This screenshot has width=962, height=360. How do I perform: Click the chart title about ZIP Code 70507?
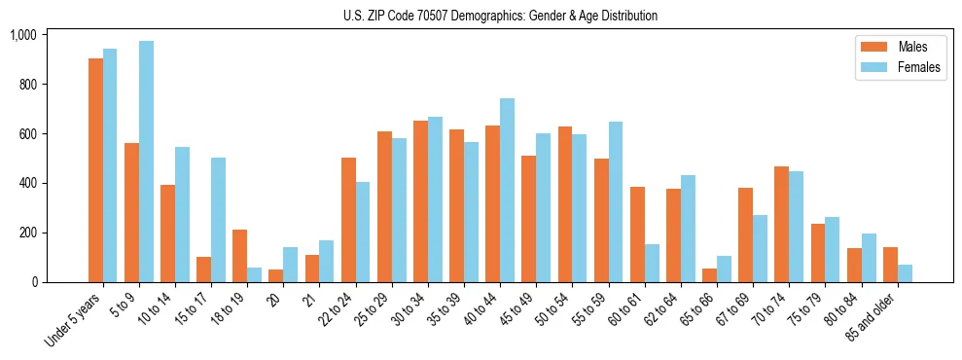click(500, 16)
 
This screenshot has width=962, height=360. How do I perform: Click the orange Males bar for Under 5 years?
click(95, 170)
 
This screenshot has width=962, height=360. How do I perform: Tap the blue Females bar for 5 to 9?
click(146, 162)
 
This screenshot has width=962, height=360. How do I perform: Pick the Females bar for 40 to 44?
click(507, 191)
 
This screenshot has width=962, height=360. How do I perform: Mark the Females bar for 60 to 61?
click(651, 263)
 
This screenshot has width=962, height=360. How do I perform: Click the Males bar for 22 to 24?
click(347, 220)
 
